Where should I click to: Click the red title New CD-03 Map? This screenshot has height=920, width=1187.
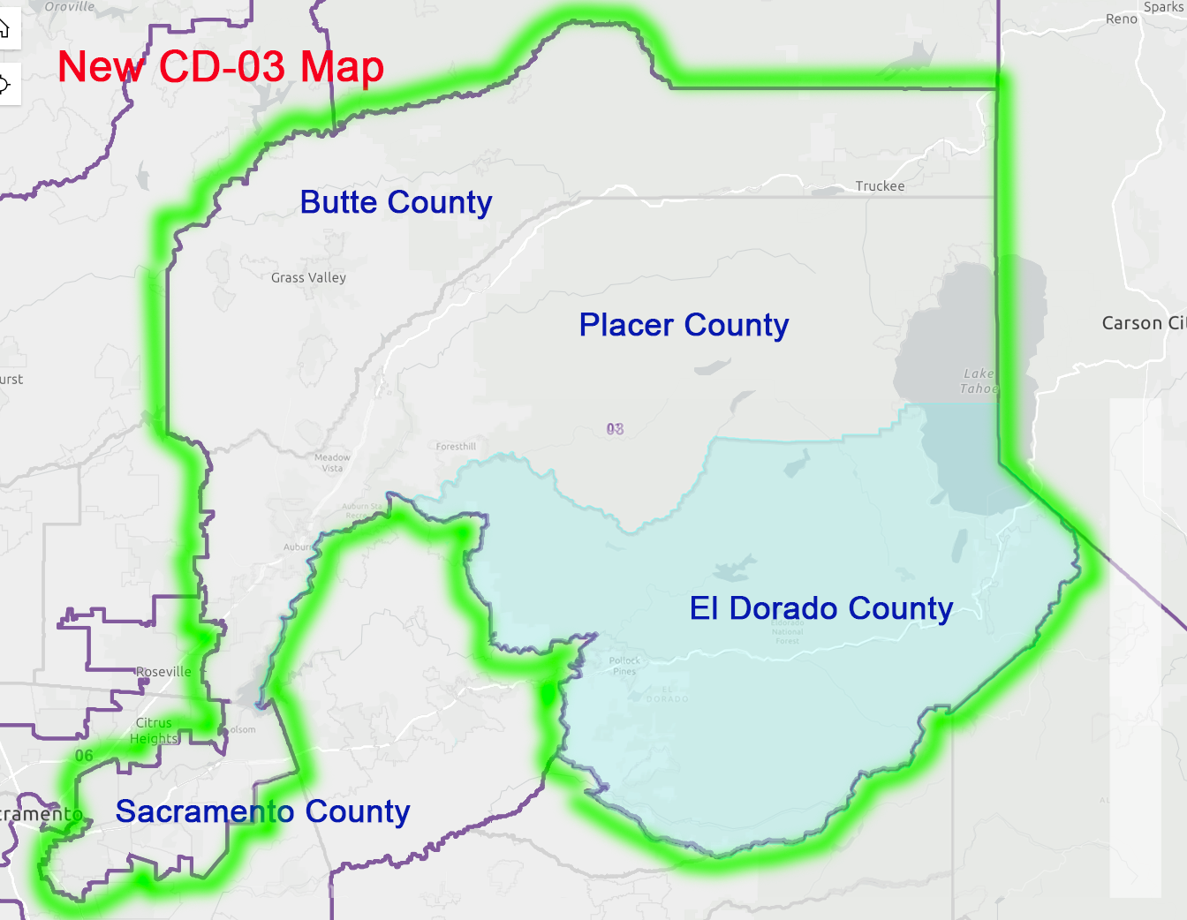pyautogui.click(x=221, y=67)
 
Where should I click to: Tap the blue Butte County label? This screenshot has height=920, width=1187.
pyautogui.click(x=396, y=202)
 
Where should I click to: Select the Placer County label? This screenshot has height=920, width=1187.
pyautogui.click(x=684, y=325)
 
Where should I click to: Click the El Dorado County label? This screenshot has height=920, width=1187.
pyautogui.click(x=821, y=608)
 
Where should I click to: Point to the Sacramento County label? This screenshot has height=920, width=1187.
pyautogui.click(x=262, y=811)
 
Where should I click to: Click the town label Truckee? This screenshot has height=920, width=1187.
pyautogui.click(x=880, y=186)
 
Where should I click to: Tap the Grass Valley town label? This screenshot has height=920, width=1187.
pyautogui.click(x=308, y=277)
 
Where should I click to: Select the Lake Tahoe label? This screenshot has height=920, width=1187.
pyautogui.click(x=979, y=381)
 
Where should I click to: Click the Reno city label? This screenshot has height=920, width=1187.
pyautogui.click(x=1122, y=19)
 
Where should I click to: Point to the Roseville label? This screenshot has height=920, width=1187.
pyautogui.click(x=163, y=672)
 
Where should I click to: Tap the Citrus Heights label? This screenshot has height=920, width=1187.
pyautogui.click(x=155, y=730)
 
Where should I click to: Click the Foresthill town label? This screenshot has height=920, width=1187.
pyautogui.click(x=456, y=447)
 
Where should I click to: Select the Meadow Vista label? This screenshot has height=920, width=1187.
pyautogui.click(x=332, y=463)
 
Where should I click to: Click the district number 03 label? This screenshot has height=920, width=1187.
pyautogui.click(x=615, y=429)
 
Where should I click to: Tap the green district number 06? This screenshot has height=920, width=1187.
pyautogui.click(x=84, y=756)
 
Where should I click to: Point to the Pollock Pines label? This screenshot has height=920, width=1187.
pyautogui.click(x=624, y=666)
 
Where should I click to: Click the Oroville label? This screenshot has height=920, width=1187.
pyautogui.click(x=69, y=6)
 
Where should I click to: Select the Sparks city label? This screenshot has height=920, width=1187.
pyautogui.click(x=1163, y=7)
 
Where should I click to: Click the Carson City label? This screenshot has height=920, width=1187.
pyautogui.click(x=1144, y=323)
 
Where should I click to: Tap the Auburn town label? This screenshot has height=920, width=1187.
pyautogui.click(x=298, y=547)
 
